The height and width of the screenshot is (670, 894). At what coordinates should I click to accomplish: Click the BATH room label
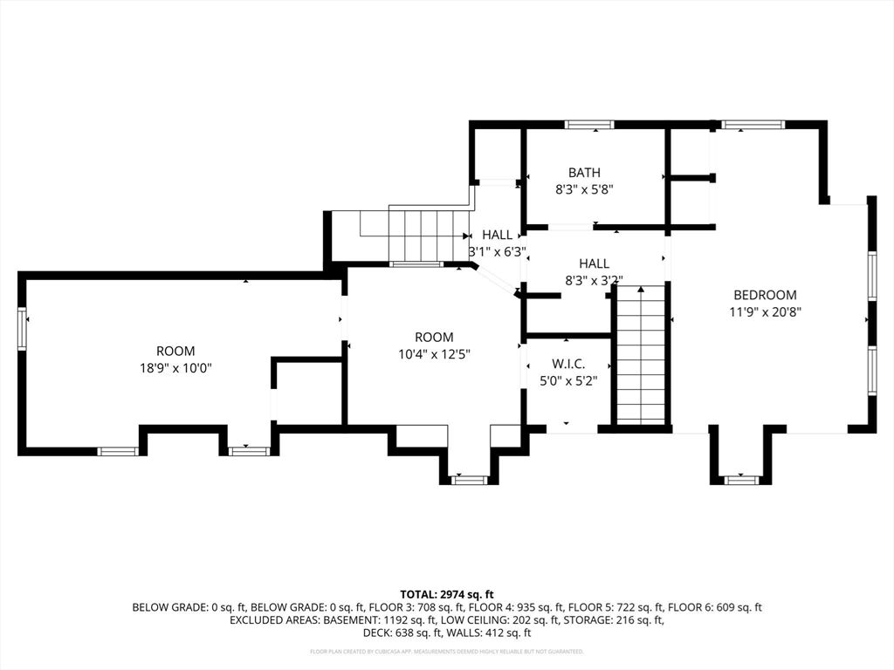point(584,173)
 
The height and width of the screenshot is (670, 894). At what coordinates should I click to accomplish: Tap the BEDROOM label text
point(765,295)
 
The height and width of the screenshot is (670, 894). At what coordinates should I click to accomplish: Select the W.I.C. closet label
point(567,364)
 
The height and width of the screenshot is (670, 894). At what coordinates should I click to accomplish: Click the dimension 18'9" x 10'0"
point(175,368)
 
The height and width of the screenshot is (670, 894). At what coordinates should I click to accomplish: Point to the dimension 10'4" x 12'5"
point(434,354)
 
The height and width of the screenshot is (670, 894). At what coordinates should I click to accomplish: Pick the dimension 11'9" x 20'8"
point(765,311)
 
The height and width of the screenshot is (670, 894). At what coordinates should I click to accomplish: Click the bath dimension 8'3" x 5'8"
point(584,188)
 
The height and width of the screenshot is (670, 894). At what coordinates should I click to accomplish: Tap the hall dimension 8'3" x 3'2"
point(594,280)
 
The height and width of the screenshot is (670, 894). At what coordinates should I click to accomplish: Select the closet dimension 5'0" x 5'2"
point(567,380)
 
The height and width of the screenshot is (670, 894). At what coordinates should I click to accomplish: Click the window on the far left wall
point(22,328)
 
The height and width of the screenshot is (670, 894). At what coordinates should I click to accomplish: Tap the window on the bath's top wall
point(589,125)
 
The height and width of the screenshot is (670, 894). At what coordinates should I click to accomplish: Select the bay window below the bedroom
point(740,479)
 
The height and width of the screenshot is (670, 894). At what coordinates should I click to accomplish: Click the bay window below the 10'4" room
point(469,479)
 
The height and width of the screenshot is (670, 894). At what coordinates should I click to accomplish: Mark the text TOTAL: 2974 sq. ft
point(447,593)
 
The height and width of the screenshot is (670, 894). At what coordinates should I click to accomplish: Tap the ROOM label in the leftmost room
point(175,352)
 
